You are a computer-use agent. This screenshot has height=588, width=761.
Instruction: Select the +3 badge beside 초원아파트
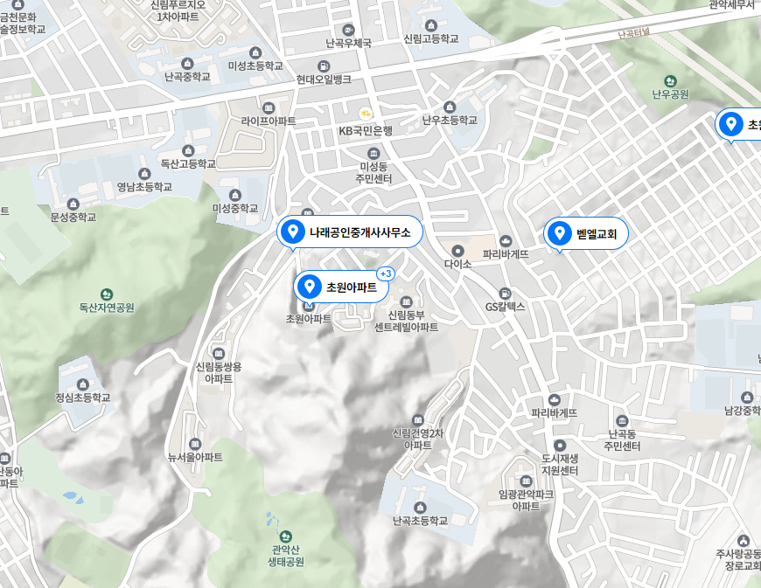click(x=386, y=273)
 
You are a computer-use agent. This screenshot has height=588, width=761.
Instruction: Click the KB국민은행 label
click(x=366, y=131)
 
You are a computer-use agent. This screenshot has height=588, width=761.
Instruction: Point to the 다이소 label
click(x=457, y=263)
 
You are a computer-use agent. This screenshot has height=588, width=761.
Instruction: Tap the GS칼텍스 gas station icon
click(x=505, y=293)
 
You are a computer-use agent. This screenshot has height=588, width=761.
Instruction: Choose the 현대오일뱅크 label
click(x=324, y=80)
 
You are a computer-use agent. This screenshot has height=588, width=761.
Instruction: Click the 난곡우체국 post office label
click(x=348, y=43)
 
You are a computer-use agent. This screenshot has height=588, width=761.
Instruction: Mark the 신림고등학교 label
click(x=430, y=39)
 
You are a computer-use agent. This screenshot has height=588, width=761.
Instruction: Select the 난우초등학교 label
click(x=450, y=121)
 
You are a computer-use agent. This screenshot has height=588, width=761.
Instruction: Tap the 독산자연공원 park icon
click(x=107, y=294)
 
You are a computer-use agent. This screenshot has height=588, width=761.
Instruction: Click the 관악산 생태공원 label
click(x=286, y=556)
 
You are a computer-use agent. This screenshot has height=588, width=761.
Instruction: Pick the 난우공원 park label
click(x=670, y=94)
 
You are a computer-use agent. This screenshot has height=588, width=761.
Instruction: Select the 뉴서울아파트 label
click(x=195, y=457)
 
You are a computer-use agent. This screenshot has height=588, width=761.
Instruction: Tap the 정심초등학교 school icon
click(x=83, y=384)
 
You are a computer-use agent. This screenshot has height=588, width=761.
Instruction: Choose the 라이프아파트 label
click(x=269, y=121)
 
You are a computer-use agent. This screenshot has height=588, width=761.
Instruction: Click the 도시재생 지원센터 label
click(x=560, y=464)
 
